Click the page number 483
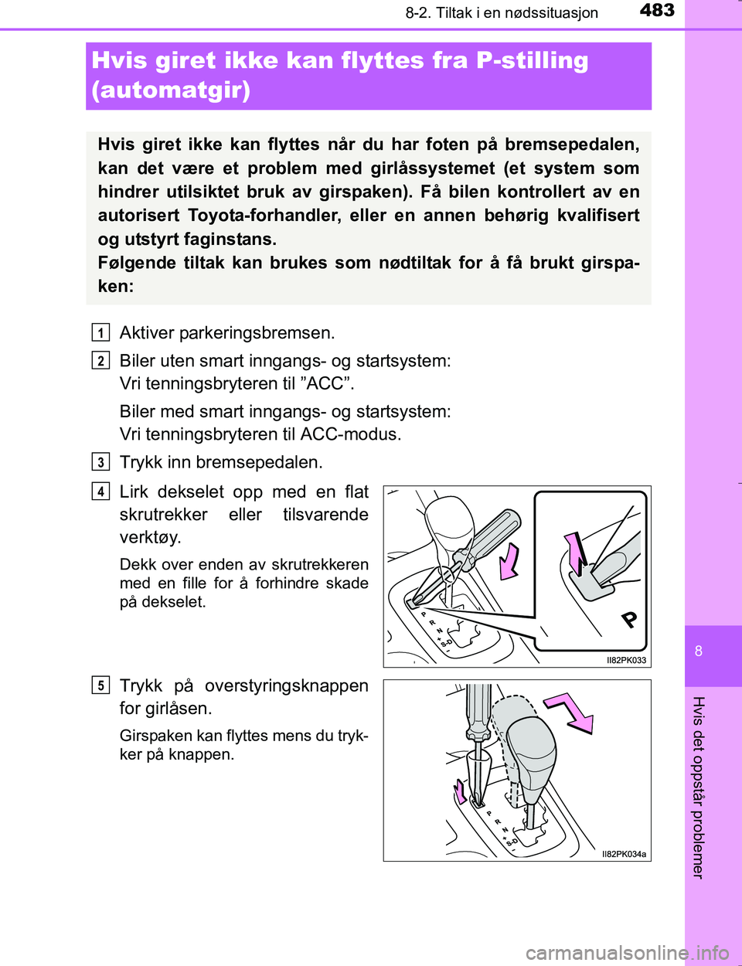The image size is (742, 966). (x=657, y=11)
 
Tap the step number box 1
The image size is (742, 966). (x=100, y=333)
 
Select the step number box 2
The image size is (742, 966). (x=100, y=361)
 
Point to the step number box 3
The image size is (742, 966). (x=100, y=462)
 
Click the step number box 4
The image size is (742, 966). (x=100, y=492)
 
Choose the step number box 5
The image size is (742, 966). (x=100, y=685)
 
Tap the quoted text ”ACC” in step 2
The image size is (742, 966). (x=325, y=384)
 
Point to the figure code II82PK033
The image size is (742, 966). (x=626, y=660)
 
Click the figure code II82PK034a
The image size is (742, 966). (x=624, y=854)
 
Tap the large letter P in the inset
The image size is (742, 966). (x=630, y=618)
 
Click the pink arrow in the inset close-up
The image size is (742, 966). (x=576, y=552)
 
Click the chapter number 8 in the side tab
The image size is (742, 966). (x=699, y=651)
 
